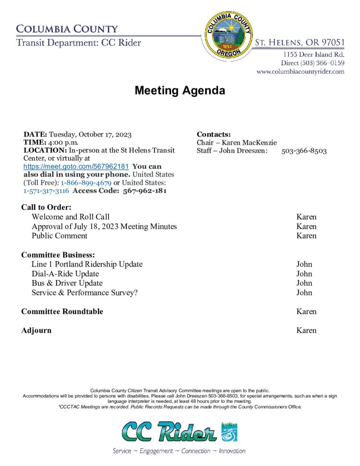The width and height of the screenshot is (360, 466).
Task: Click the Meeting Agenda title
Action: (180, 91)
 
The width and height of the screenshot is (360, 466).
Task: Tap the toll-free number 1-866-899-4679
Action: (86, 183)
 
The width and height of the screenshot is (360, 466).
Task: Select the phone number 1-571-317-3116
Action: (46, 191)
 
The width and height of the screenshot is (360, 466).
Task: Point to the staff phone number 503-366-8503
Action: (304, 151)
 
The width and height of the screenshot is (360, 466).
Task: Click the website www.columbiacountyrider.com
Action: (300, 71)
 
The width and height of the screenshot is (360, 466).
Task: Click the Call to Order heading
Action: (46, 208)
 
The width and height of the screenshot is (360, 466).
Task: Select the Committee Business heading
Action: (58, 255)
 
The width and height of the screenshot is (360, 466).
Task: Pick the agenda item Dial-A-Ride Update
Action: (65, 274)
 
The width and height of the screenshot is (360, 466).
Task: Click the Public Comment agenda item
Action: (60, 236)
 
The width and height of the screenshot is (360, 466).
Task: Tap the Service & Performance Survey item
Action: (85, 293)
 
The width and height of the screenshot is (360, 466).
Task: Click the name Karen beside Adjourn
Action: (306, 330)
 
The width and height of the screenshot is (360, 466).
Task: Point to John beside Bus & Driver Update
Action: (304, 283)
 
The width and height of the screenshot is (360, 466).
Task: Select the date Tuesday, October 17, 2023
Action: (90, 134)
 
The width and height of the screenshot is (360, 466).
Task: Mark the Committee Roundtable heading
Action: (62, 312)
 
